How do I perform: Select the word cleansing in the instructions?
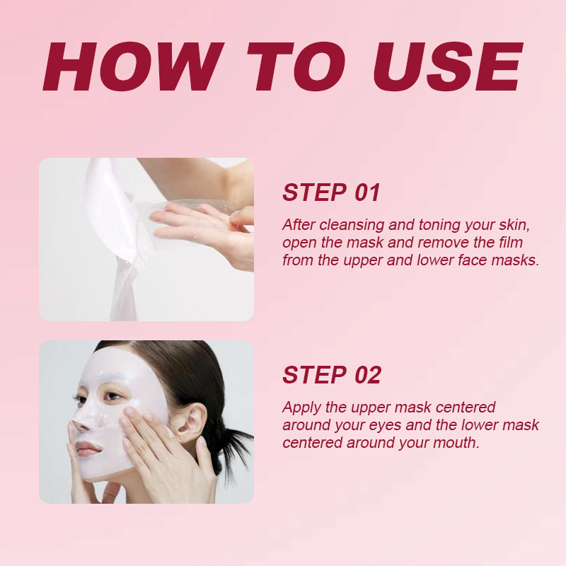click(x=353, y=225)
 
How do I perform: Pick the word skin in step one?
click(x=513, y=225)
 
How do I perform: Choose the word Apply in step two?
click(x=301, y=408)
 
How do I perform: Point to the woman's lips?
click(x=87, y=449)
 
